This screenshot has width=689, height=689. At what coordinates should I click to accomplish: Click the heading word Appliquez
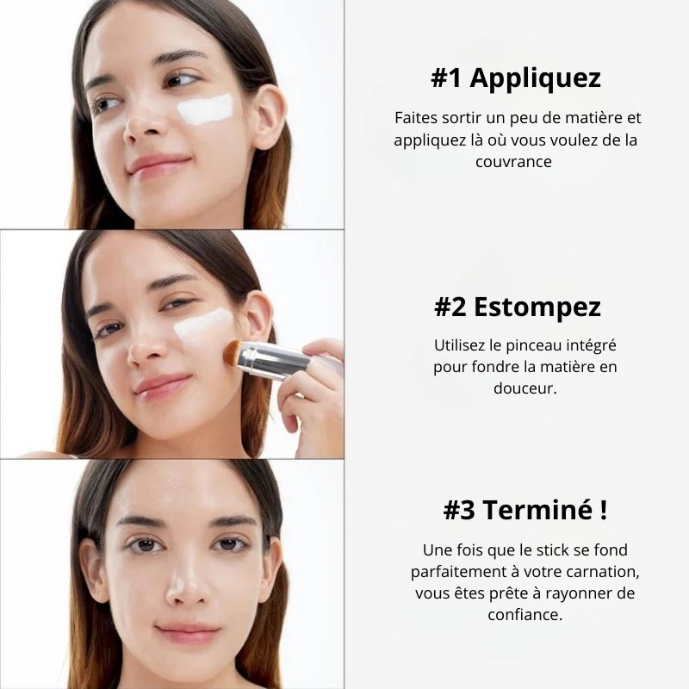tap(535, 78)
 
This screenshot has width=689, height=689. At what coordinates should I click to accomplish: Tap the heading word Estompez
tap(537, 307)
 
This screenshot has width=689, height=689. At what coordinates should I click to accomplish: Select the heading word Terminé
tap(537, 510)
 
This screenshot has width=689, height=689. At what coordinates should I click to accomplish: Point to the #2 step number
tap(450, 307)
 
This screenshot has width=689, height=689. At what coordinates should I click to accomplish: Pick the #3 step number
tap(459, 510)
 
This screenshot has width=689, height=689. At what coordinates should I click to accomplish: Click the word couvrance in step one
tap(513, 162)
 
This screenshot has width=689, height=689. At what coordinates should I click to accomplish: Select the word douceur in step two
tap(525, 388)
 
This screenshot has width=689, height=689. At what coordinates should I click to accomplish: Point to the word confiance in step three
tap(525, 614)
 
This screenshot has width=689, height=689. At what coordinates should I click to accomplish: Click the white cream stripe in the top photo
tap(206, 109)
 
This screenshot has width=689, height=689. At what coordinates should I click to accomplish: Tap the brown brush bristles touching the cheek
tap(233, 353)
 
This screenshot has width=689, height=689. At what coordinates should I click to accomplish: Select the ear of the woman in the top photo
tap(269, 115)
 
